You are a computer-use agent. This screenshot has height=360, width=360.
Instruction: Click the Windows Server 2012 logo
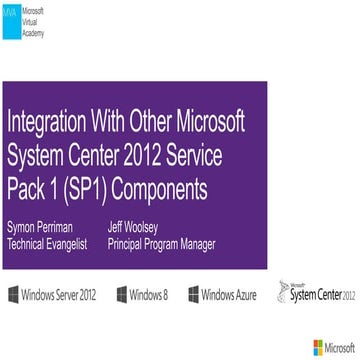56,267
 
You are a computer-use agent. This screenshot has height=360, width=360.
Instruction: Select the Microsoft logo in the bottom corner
332,347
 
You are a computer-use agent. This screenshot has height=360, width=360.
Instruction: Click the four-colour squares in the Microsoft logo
317,347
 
